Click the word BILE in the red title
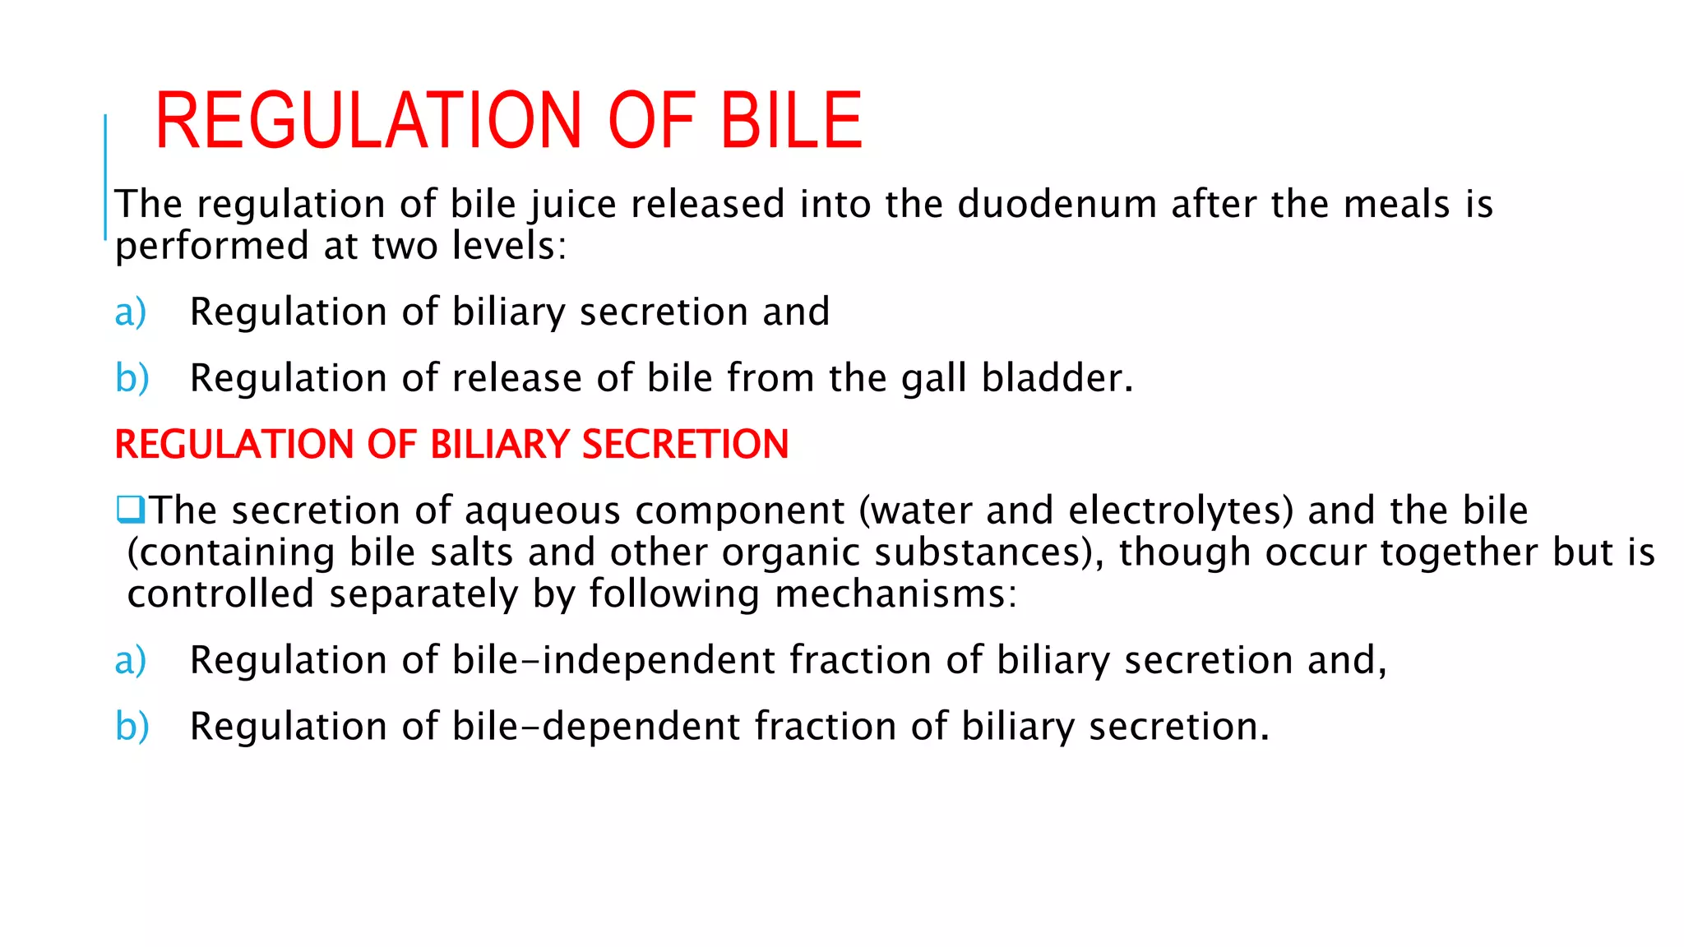[791, 122]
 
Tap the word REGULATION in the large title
[369, 122]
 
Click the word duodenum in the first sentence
[1057, 204]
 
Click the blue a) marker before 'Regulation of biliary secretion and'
[131, 312]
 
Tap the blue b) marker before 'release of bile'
[132, 379]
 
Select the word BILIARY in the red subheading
[499, 445]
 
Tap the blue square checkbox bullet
[131, 510]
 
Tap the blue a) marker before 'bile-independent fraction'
[131, 661]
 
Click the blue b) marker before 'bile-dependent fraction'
[132, 728]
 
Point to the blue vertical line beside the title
[105, 177]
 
